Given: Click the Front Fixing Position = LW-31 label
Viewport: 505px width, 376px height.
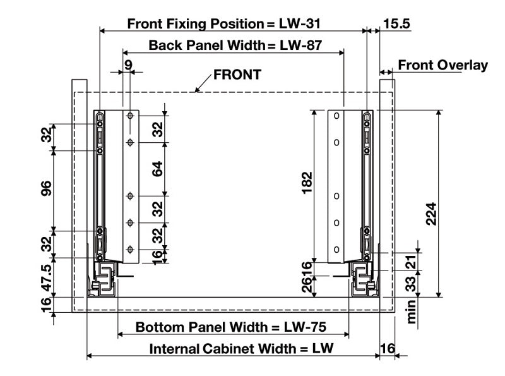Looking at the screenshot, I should tap(225, 24).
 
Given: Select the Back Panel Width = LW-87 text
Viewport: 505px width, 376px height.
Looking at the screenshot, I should tap(231, 45).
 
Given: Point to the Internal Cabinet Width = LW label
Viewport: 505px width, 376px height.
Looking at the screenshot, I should tap(241, 349).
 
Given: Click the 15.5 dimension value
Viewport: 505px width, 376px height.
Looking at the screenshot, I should tap(396, 24).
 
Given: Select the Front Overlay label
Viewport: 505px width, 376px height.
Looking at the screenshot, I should tap(443, 65).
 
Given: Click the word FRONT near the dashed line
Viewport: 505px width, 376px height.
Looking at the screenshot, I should tap(237, 75).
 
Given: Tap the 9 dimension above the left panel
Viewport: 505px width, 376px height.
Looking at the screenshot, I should tap(128, 64).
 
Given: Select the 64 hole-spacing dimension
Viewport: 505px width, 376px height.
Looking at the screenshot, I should tap(158, 169).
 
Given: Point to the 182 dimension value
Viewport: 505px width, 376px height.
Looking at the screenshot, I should tap(307, 184).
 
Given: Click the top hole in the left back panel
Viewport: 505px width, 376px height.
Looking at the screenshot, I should tap(129, 117).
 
